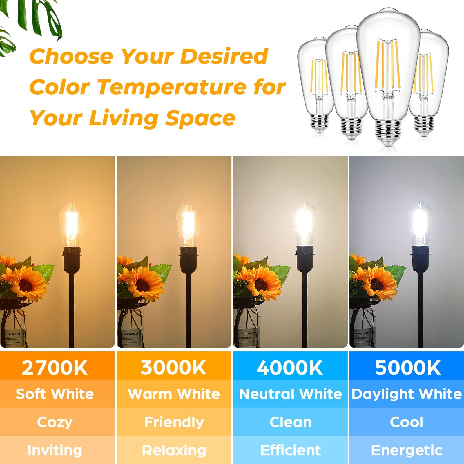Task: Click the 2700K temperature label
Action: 55,368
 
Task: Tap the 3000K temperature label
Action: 173,368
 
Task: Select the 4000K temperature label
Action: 290,368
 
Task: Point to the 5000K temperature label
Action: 408,368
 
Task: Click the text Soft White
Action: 55,394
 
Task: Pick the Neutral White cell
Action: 290,394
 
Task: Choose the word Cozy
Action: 55,422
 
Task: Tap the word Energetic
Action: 407,450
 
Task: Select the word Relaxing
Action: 174,450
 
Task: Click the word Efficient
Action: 291,450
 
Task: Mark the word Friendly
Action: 174,422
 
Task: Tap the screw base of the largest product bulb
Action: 386,130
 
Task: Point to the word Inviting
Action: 55,450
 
